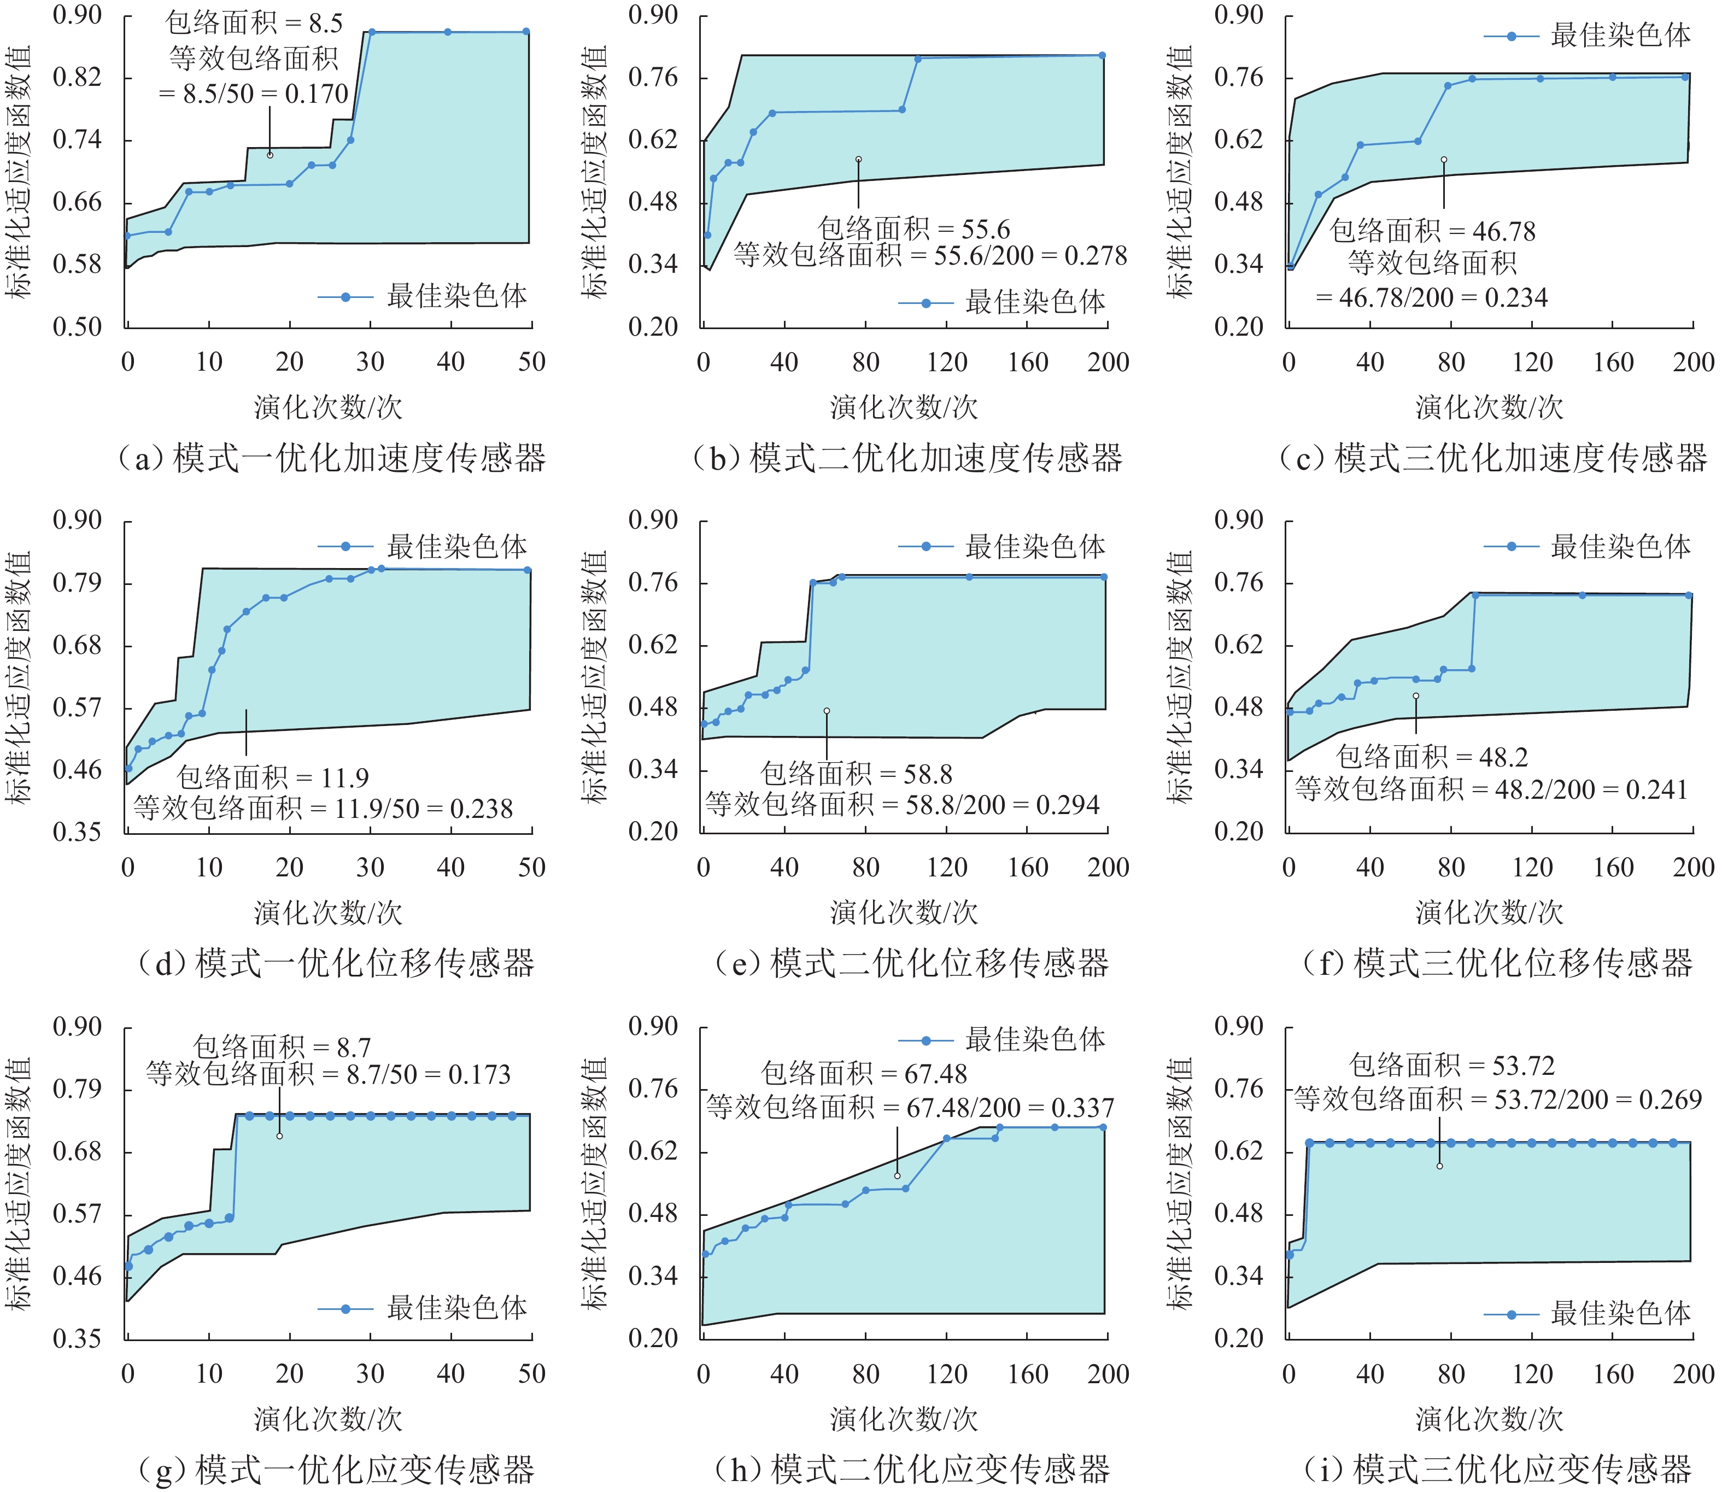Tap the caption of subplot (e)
(911, 963)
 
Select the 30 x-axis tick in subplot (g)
(371, 1374)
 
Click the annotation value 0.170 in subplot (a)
(317, 94)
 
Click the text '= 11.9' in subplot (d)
(333, 777)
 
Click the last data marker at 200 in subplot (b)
(1102, 56)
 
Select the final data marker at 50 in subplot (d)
(528, 570)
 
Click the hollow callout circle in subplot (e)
(827, 711)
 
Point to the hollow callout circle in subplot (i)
(1439, 1166)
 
